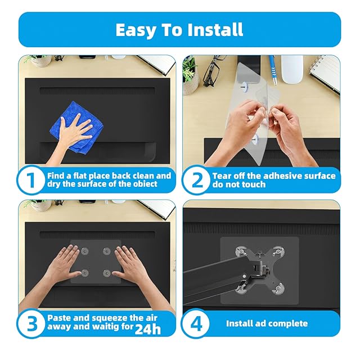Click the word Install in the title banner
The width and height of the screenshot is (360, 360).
point(215,30)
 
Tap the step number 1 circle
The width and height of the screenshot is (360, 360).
point(31,180)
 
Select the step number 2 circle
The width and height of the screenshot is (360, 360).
point(196,180)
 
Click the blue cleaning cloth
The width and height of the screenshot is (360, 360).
point(76,127)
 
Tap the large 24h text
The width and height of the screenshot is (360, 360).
point(147,328)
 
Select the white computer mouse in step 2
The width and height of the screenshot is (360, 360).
point(292,69)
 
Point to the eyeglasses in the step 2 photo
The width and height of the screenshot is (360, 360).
point(214,70)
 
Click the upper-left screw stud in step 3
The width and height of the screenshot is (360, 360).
point(84,251)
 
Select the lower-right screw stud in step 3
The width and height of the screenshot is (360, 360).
point(106,273)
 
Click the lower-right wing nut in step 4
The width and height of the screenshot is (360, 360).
point(278,288)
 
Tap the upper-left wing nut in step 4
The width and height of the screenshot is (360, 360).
point(241,252)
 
